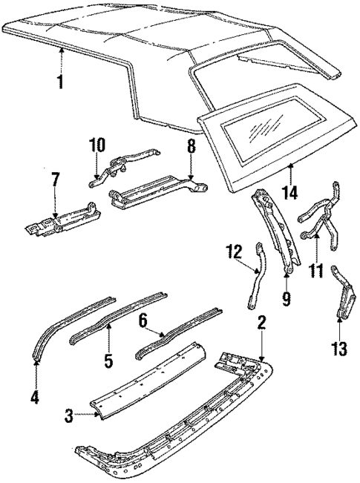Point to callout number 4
tap(34, 397)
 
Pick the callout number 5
tap(108, 363)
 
